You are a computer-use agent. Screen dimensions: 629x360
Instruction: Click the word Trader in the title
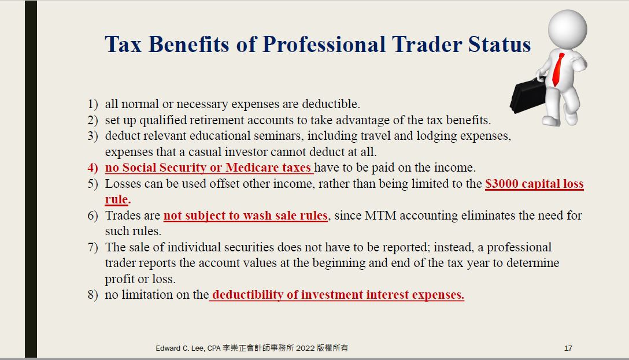click(427, 44)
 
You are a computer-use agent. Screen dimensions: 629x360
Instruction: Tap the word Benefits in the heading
click(188, 44)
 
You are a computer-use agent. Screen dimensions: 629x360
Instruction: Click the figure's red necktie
click(558, 69)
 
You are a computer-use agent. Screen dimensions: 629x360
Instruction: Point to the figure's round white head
click(567, 29)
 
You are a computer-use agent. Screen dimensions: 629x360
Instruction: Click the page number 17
click(568, 348)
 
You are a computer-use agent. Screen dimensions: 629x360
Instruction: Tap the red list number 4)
click(92, 168)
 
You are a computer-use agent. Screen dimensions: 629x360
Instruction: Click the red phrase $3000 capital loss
click(534, 184)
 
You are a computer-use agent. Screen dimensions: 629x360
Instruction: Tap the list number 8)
click(92, 295)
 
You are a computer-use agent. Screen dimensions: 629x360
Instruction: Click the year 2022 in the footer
click(305, 348)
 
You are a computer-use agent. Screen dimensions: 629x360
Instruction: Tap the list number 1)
click(92, 104)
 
